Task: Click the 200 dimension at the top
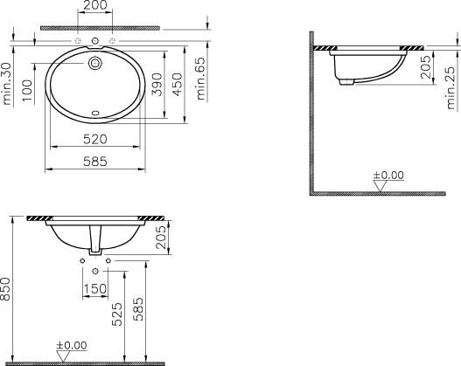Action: (95, 5)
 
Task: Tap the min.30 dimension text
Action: (7, 84)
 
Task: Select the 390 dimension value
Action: (157, 85)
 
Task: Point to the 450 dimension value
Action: (178, 85)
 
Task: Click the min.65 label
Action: (201, 79)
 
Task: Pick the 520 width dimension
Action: (95, 139)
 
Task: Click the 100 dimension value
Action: (27, 90)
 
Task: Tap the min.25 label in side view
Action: (451, 88)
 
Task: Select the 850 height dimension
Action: (5, 289)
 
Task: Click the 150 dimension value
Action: (95, 289)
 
